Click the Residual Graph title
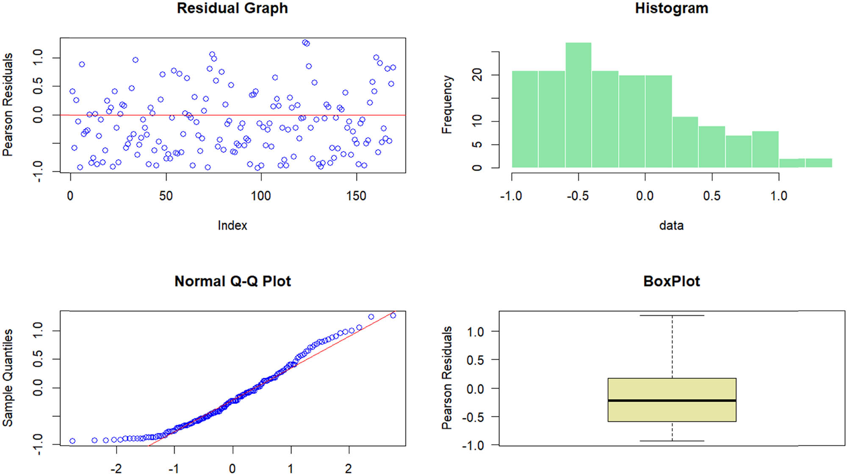tap(232, 8)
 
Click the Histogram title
tap(671, 8)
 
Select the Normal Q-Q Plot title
tap(233, 281)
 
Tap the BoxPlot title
tap(671, 281)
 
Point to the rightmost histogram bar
tap(819, 163)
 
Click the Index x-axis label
tap(232, 225)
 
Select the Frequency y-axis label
tap(447, 104)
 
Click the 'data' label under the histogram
tap(671, 225)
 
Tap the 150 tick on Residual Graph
tap(356, 196)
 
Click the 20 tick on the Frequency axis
tap(477, 75)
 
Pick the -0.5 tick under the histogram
tap(578, 196)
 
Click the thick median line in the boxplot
tap(672, 400)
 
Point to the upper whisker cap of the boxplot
tap(672, 315)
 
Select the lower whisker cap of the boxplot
tap(672, 441)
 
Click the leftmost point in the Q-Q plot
tap(72, 441)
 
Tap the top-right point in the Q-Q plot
tap(393, 316)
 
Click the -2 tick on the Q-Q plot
tap(116, 469)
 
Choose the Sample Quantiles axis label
tap(8, 378)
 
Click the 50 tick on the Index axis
tap(166, 196)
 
